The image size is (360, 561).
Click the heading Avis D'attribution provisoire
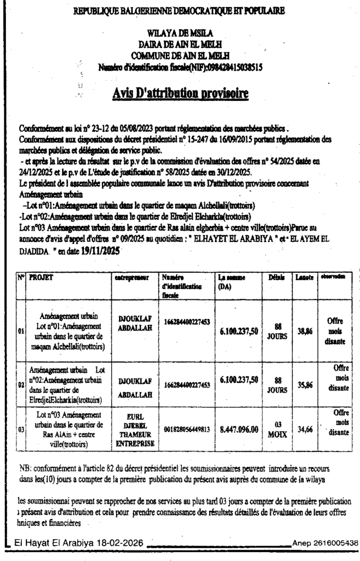[x=180, y=93]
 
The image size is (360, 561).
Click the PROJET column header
[x=42, y=278]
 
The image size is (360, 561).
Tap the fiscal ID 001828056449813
[x=186, y=430]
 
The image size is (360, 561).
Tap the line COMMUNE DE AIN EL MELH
[x=180, y=56]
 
